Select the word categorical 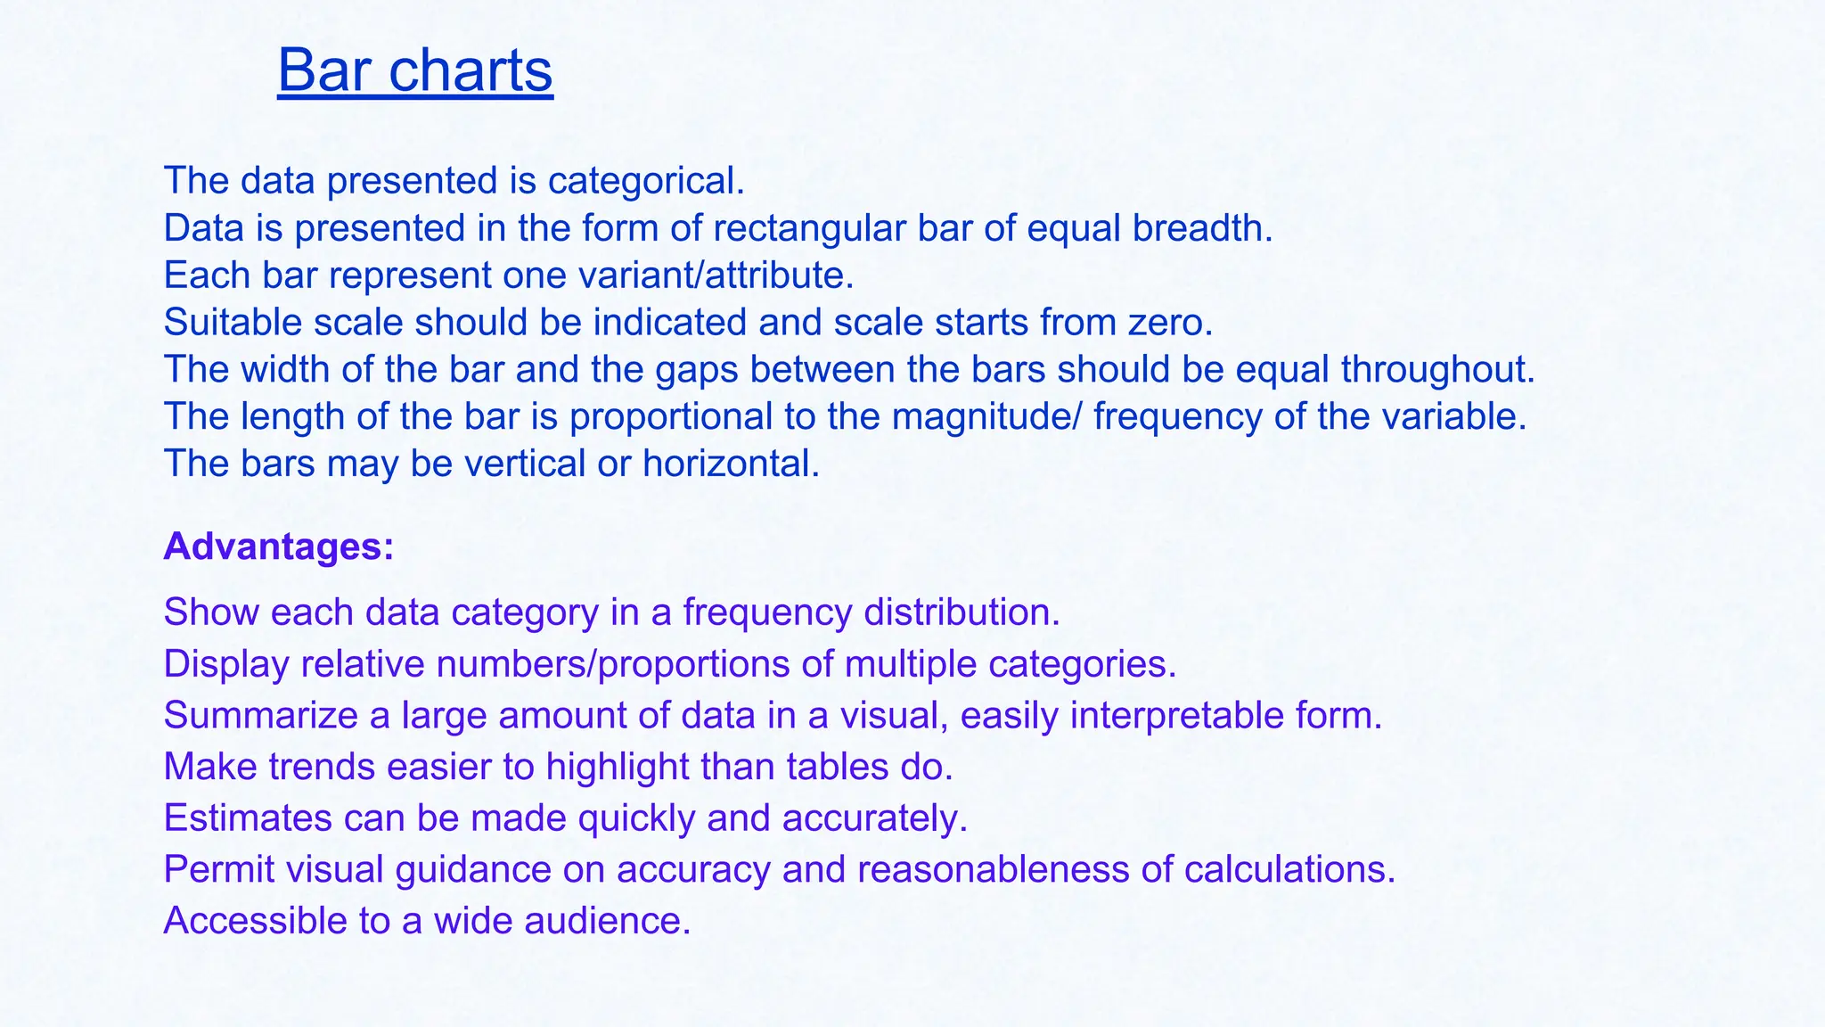tap(645, 181)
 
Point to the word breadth tap(1202, 228)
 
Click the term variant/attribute tap(716, 275)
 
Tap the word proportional tap(671, 417)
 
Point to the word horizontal tap(731, 464)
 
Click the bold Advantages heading tap(279, 546)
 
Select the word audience tap(607, 921)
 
